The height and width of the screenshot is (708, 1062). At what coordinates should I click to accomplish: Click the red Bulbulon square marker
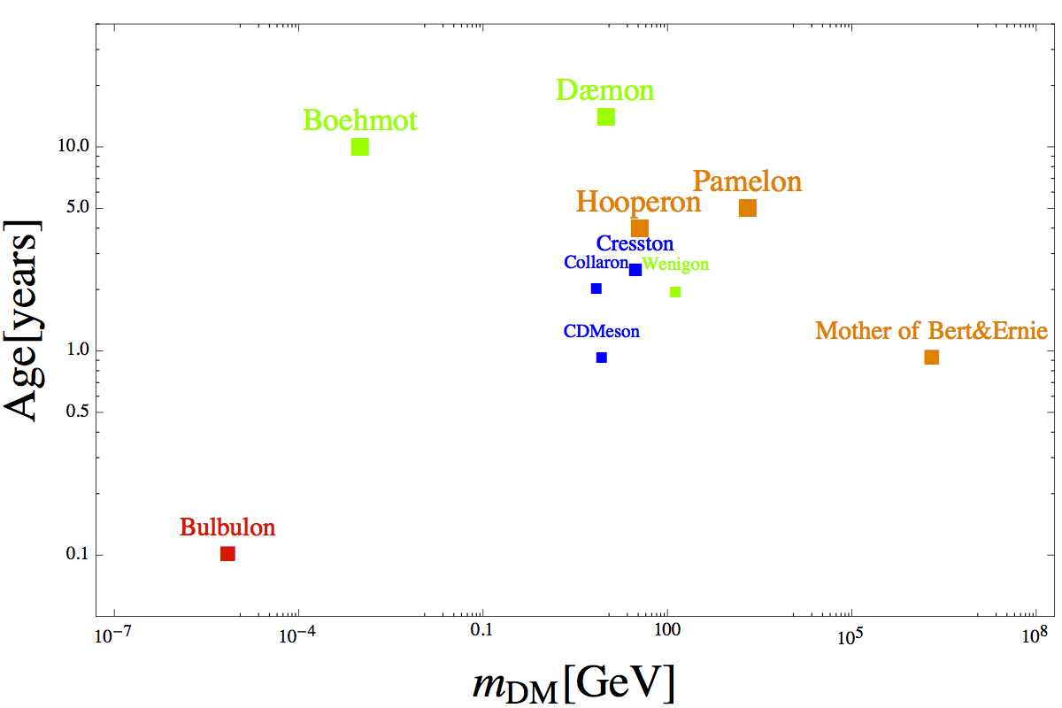[x=227, y=553]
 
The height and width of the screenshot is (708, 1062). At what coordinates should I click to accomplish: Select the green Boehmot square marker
[x=360, y=147]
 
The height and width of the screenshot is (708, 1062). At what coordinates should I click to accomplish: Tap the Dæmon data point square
[x=606, y=117]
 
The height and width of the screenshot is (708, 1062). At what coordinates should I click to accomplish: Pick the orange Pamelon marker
[x=748, y=208]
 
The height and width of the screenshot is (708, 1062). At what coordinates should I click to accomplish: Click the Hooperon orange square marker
[x=640, y=228]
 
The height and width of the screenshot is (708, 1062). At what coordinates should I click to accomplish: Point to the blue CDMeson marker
[x=602, y=358]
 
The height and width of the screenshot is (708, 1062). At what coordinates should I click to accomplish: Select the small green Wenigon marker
[x=675, y=292]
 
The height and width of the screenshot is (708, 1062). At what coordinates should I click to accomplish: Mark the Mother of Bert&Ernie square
[x=931, y=358]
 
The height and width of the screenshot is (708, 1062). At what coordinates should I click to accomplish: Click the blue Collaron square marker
[x=596, y=289]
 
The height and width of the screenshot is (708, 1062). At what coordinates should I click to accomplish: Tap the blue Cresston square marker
[x=635, y=270]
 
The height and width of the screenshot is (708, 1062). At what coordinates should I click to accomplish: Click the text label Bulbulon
[x=227, y=527]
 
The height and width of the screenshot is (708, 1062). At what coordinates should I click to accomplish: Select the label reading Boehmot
[x=359, y=120]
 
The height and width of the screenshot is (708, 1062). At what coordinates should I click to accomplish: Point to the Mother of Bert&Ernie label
[x=931, y=332]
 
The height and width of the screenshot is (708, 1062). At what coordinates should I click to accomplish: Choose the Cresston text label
[x=635, y=243]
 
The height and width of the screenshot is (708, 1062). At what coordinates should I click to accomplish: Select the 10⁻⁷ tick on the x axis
[x=115, y=635]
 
